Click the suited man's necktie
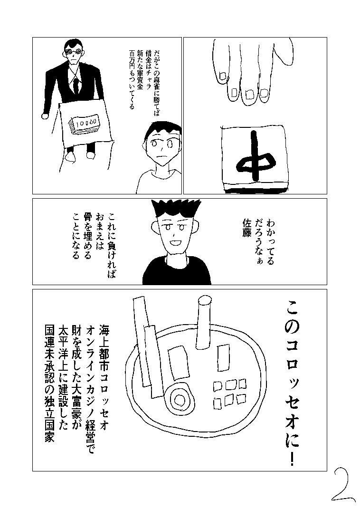point(76,83)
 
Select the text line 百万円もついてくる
point(132,79)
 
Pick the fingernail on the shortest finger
point(223,75)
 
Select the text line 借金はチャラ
point(149,67)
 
